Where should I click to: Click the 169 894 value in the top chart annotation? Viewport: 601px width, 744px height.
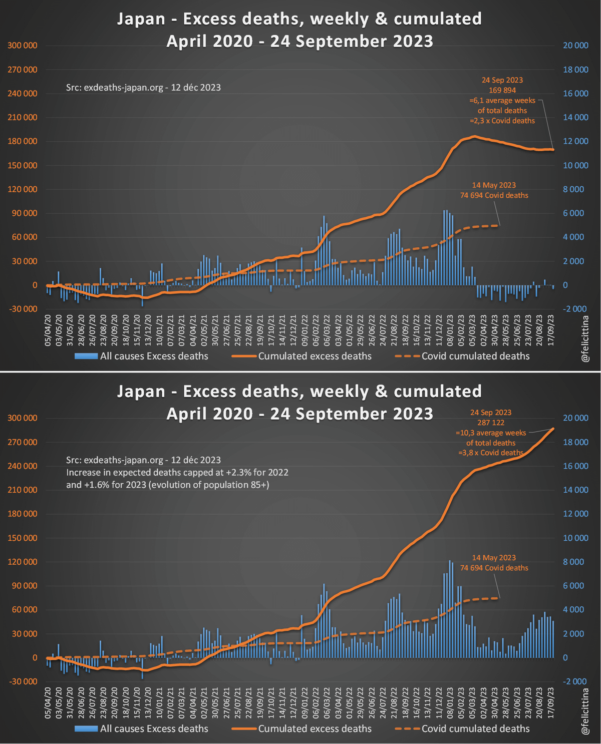[502, 90]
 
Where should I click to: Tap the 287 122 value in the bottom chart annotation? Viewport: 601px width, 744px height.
[491, 423]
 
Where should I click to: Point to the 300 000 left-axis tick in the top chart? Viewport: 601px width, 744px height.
[23, 46]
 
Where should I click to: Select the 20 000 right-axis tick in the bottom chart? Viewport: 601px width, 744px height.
[575, 418]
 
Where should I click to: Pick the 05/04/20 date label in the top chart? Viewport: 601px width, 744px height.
[48, 330]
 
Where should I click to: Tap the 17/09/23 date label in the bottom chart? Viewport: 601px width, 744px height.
[551, 703]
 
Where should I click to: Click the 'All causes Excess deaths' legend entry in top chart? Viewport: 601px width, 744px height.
[154, 356]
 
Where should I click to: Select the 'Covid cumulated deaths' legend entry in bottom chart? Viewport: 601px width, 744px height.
[475, 728]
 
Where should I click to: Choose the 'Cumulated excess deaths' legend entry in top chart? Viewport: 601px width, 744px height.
[315, 356]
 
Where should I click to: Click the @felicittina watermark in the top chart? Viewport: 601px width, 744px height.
[585, 338]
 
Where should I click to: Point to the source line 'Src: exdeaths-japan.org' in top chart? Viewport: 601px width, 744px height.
[143, 87]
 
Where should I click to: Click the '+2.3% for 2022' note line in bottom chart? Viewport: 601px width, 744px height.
[177, 472]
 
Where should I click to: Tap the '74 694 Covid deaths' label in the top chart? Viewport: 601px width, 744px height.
[494, 195]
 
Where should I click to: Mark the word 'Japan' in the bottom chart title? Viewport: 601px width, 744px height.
[141, 391]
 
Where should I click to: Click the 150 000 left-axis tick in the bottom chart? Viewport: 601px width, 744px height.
[23, 538]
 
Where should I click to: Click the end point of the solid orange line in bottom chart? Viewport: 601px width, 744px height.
[553, 429]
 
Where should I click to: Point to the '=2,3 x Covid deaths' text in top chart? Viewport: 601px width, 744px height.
[502, 121]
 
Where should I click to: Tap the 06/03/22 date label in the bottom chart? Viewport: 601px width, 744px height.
[327, 703]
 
